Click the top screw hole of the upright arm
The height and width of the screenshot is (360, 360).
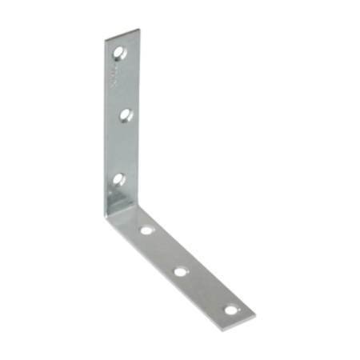(121, 55)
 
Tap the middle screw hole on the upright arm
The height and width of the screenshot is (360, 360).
(125, 116)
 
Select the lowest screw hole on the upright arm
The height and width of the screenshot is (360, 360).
(120, 178)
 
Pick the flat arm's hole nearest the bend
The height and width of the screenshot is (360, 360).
(146, 232)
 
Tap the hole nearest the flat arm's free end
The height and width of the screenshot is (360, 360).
(231, 308)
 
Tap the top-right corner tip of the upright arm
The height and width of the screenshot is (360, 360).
(130, 31)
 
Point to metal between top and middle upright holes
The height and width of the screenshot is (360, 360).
(122, 86)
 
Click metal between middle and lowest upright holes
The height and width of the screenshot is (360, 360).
(122, 148)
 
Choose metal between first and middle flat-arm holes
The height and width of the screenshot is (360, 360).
(163, 251)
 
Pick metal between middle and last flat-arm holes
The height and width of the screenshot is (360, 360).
(206, 290)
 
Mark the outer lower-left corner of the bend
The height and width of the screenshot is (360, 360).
(107, 218)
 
